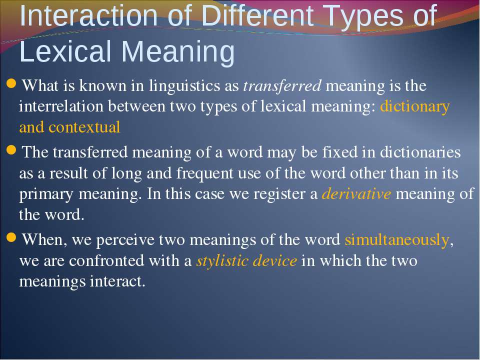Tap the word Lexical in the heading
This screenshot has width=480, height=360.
point(65,51)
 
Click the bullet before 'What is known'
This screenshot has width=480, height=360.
point(11,83)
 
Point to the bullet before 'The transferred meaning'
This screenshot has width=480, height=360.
point(11,150)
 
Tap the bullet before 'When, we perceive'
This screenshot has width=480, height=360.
point(11,237)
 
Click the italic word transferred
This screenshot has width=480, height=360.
point(282,85)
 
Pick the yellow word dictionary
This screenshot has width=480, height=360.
point(415,107)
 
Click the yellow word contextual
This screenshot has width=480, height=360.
point(84,127)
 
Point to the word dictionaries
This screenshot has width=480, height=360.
point(420,152)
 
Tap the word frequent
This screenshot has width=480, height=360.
point(205,174)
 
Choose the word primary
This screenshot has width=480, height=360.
point(46,194)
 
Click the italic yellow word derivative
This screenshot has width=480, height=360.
point(356,194)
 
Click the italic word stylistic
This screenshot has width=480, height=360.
point(222,261)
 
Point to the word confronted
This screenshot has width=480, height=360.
point(106,261)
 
